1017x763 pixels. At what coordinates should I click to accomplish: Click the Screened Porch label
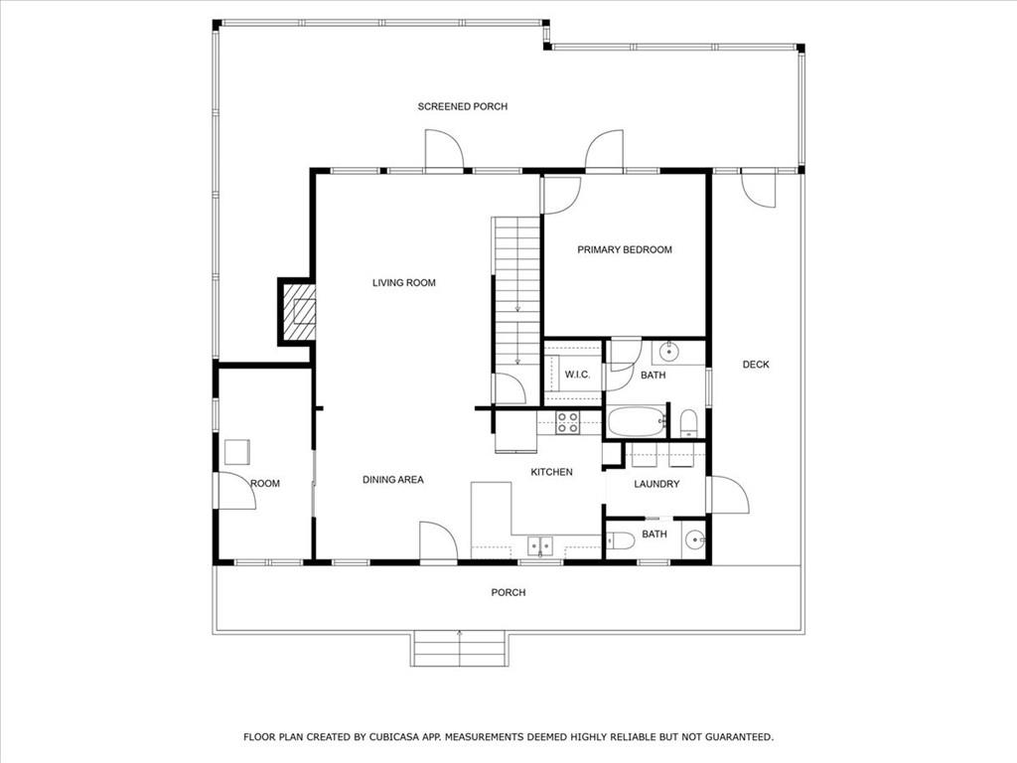pos(463,106)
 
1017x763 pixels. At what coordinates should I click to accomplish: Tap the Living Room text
pos(404,283)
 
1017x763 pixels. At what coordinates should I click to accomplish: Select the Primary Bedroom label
pos(625,249)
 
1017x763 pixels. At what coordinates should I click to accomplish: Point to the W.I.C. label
pos(577,375)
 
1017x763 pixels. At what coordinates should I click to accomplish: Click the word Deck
pos(756,365)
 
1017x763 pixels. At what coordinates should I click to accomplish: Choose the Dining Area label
pos(393,480)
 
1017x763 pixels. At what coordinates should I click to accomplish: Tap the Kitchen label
pos(552,472)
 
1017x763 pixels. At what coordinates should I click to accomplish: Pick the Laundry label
pos(657,484)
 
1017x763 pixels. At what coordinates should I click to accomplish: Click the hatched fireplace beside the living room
pos(298,311)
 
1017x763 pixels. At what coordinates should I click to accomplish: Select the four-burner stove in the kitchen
pos(567,422)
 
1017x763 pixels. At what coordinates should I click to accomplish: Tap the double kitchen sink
pos(539,546)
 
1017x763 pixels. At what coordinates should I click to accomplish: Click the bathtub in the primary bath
pos(637,421)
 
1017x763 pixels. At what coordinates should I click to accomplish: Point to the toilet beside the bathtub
pos(688,422)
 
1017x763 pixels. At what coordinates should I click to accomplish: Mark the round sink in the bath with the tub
pos(668,353)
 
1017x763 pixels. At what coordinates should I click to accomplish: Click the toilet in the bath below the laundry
pos(620,539)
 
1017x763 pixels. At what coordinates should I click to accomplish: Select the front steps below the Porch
pos(459,648)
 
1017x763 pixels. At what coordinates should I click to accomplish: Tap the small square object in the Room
pos(237,452)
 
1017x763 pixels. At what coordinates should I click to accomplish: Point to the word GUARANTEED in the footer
pos(739,737)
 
